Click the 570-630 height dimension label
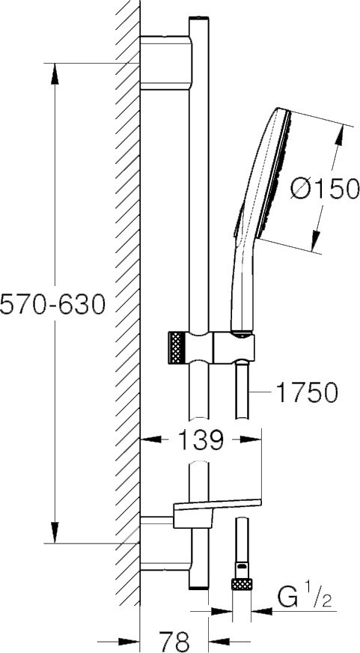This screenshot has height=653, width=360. (52, 304)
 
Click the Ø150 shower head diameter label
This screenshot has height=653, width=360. (325, 189)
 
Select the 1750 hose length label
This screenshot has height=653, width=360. (307, 392)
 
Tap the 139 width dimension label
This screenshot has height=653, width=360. (201, 440)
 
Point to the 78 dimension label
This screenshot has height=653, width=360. (175, 640)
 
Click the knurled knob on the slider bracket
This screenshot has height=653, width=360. (177, 348)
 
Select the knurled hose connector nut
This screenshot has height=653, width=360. (242, 584)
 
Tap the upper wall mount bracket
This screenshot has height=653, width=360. (166, 64)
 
